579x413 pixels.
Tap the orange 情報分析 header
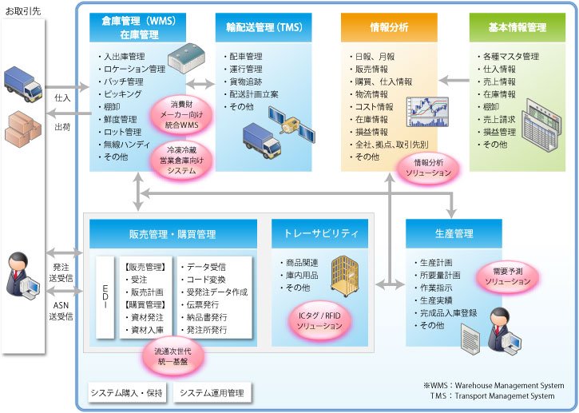390,27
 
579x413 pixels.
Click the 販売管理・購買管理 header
173,234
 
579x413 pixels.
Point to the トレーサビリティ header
320,234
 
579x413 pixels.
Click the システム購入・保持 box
126,392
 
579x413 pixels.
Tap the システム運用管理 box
212,392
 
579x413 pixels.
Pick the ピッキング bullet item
123,94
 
